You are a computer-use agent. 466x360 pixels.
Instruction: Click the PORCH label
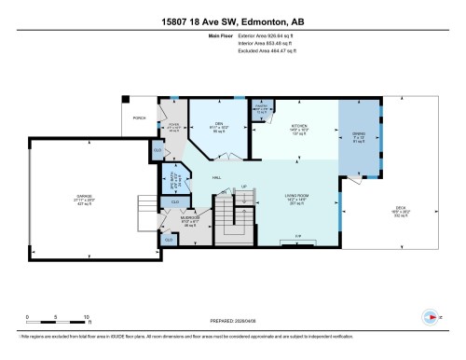click(139, 118)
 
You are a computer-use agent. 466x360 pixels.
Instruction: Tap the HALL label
click(216, 177)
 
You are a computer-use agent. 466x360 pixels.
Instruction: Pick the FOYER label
click(172, 127)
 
